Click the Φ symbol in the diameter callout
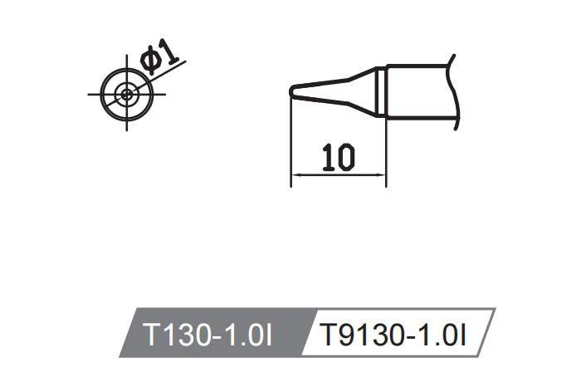[x=151, y=63]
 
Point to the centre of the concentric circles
[x=126, y=94]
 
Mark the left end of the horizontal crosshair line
[x=89, y=94]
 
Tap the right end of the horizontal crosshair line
[x=164, y=94]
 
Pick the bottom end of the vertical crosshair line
[x=126, y=130]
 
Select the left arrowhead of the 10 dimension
[x=295, y=174]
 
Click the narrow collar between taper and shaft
[x=380, y=91]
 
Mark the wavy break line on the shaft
[x=453, y=91]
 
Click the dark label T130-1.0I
[x=208, y=336]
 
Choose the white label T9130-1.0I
[x=395, y=336]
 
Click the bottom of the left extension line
[x=290, y=184]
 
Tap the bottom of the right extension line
[x=386, y=184]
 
